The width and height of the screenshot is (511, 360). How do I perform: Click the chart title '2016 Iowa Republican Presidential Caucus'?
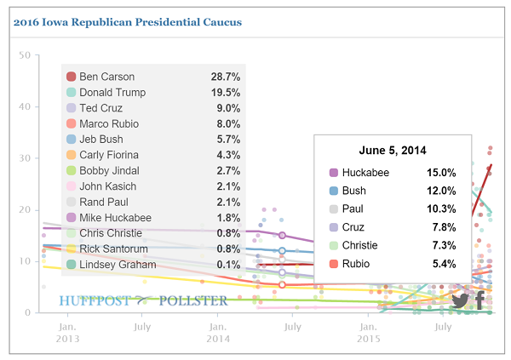coord(128,22)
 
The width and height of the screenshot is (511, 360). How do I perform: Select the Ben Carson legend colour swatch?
coord(71,77)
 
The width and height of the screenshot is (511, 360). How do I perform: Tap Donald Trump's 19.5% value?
coord(226,93)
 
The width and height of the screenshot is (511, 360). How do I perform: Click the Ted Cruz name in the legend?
coord(101,108)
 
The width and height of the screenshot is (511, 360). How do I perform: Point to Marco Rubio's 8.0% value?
coord(228,123)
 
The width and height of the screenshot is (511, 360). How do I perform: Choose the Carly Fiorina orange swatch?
coord(71,155)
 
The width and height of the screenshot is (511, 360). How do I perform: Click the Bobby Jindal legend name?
coord(109,171)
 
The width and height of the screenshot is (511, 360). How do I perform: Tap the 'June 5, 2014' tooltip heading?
coord(393,150)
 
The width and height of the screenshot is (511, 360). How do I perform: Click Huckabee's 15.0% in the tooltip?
coord(441,173)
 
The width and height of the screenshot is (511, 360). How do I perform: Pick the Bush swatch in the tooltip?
coord(334,191)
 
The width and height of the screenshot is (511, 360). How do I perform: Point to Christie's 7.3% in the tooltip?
coord(444,245)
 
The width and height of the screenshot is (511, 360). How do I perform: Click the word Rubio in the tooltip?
coord(356,264)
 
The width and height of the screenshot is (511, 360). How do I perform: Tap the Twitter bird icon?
coord(460,300)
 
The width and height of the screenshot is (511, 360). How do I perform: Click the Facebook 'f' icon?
coord(479,300)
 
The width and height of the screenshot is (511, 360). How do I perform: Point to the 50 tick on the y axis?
coord(25,55)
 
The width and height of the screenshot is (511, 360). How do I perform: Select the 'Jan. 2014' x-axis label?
coord(218,333)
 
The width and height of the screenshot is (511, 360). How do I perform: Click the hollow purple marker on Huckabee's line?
coord(282,235)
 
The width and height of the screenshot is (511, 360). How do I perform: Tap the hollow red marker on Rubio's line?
coord(282,285)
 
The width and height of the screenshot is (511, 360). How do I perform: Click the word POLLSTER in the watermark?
coord(193,300)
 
